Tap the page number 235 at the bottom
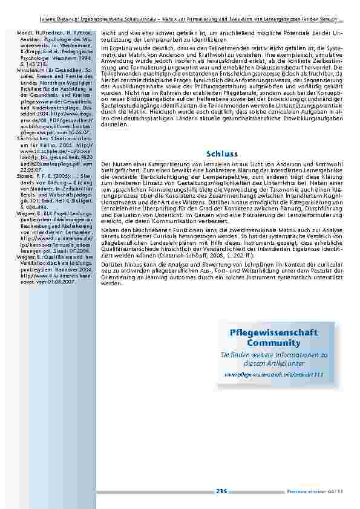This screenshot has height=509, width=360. (x=220, y=491)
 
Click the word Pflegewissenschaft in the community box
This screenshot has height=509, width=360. (x=274, y=333)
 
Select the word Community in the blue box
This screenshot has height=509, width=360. (x=274, y=343)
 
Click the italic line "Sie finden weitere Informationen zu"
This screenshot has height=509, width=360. (x=273, y=354)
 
